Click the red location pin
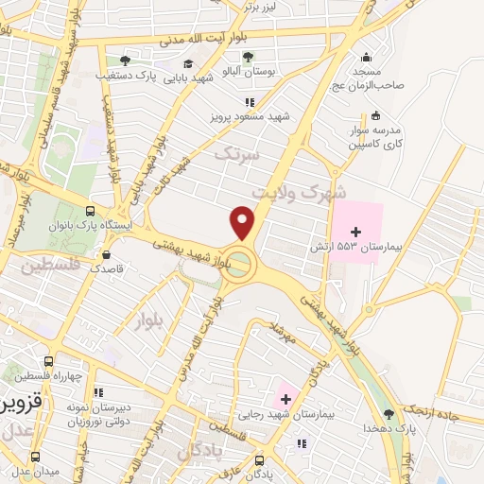(x=243, y=223)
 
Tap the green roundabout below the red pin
(x=243, y=264)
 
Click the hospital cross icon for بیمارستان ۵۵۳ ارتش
(x=355, y=230)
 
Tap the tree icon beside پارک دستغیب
(x=125, y=60)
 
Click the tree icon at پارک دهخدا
(x=388, y=414)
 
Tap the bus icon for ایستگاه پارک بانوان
(x=90, y=212)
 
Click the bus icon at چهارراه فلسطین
(x=48, y=361)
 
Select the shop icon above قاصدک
(x=106, y=253)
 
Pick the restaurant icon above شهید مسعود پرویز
(x=250, y=102)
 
